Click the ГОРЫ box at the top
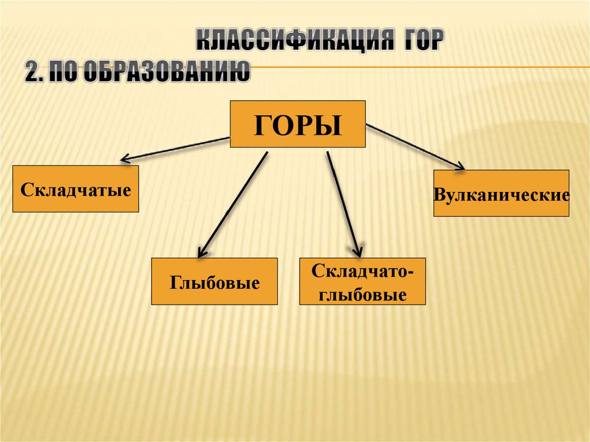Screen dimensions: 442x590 (298, 124)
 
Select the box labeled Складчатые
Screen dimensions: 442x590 (75, 189)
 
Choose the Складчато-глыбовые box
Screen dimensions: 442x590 (362, 281)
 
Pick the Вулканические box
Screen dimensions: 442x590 (501, 193)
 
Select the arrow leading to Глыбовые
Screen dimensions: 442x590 (233, 203)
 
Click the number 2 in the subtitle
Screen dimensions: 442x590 (31, 73)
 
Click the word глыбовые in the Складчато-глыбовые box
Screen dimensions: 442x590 (362, 296)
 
